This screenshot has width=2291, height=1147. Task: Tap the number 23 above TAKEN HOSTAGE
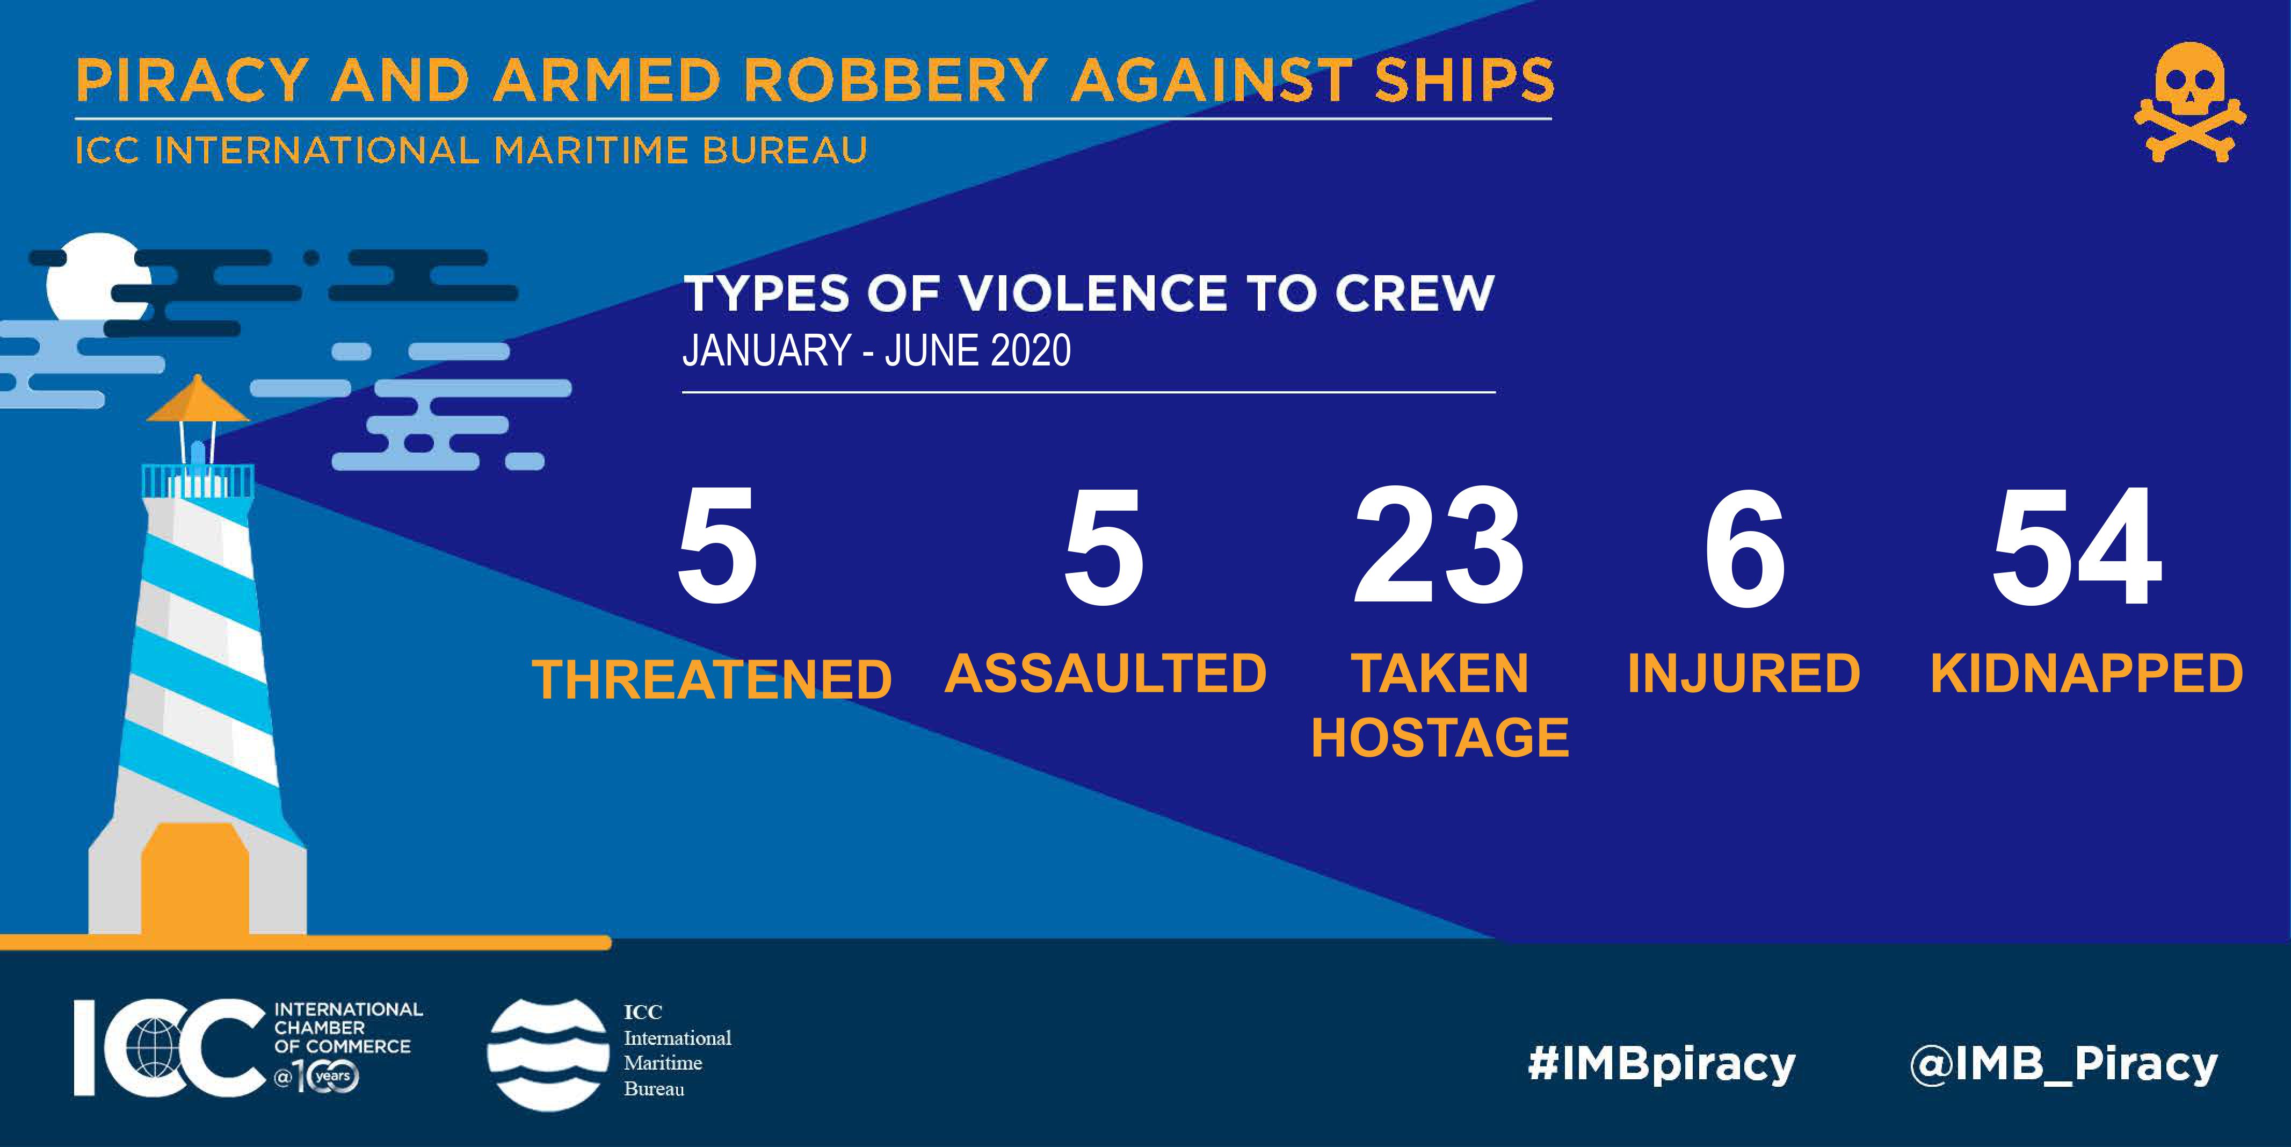pos(1439,547)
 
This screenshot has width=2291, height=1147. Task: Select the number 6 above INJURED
pos(1744,547)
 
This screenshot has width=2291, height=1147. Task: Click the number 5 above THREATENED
pos(717,547)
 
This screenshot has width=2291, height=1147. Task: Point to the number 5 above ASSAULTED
pos(1104,547)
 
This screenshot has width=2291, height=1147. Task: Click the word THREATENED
pos(712,680)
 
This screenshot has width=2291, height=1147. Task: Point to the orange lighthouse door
pos(195,878)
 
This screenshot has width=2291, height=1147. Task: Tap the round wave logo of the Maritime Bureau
pos(547,1055)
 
